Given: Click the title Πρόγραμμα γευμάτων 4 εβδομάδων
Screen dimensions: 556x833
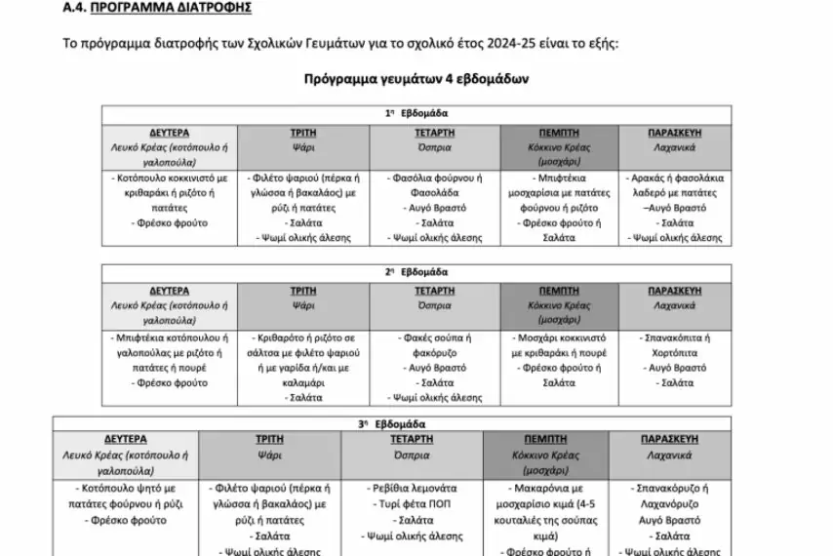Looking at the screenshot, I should click(x=416, y=79).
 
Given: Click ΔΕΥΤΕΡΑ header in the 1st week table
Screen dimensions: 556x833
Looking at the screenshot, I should click(x=170, y=132).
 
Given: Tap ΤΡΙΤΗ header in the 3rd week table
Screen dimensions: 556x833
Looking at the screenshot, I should click(x=275, y=440).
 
